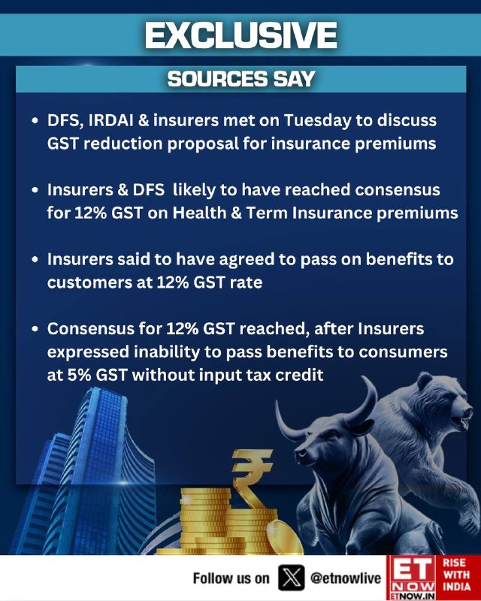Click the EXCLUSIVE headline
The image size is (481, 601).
(241, 35)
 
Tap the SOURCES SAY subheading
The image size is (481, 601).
(241, 79)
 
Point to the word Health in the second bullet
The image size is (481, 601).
(199, 213)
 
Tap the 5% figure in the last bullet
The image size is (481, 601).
(80, 375)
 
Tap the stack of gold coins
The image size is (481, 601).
(226, 521)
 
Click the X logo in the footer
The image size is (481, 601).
(291, 578)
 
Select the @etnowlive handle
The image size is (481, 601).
(345, 578)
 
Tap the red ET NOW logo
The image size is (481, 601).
(411, 578)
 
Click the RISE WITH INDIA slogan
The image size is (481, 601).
(456, 575)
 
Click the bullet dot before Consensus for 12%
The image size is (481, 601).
(35, 329)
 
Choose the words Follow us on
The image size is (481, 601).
(231, 578)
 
